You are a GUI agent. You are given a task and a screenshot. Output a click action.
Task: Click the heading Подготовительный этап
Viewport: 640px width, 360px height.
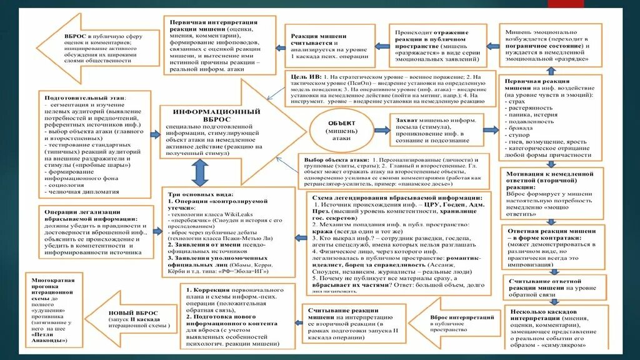click(x=84, y=98)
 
